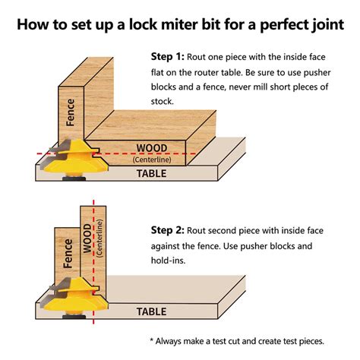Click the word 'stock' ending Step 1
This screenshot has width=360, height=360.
point(163,101)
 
